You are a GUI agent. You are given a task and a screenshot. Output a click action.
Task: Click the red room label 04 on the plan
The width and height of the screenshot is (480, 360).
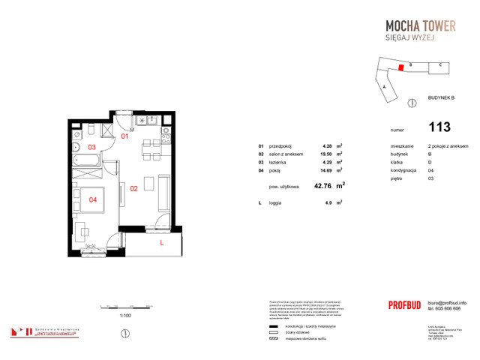[x=93, y=199]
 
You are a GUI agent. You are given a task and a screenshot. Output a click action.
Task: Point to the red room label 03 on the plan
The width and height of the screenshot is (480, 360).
[x=91, y=147]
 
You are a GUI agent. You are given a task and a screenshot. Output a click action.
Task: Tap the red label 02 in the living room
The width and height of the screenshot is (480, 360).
[x=133, y=189]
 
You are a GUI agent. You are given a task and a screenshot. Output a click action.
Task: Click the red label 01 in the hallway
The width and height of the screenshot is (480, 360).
[x=126, y=137]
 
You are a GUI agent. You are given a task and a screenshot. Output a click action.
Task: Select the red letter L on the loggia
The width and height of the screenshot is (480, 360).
[x=160, y=243]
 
